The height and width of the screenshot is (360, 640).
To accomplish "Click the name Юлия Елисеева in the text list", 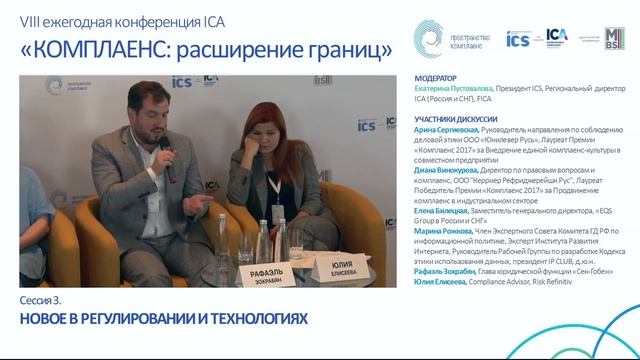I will (x=438, y=283).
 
